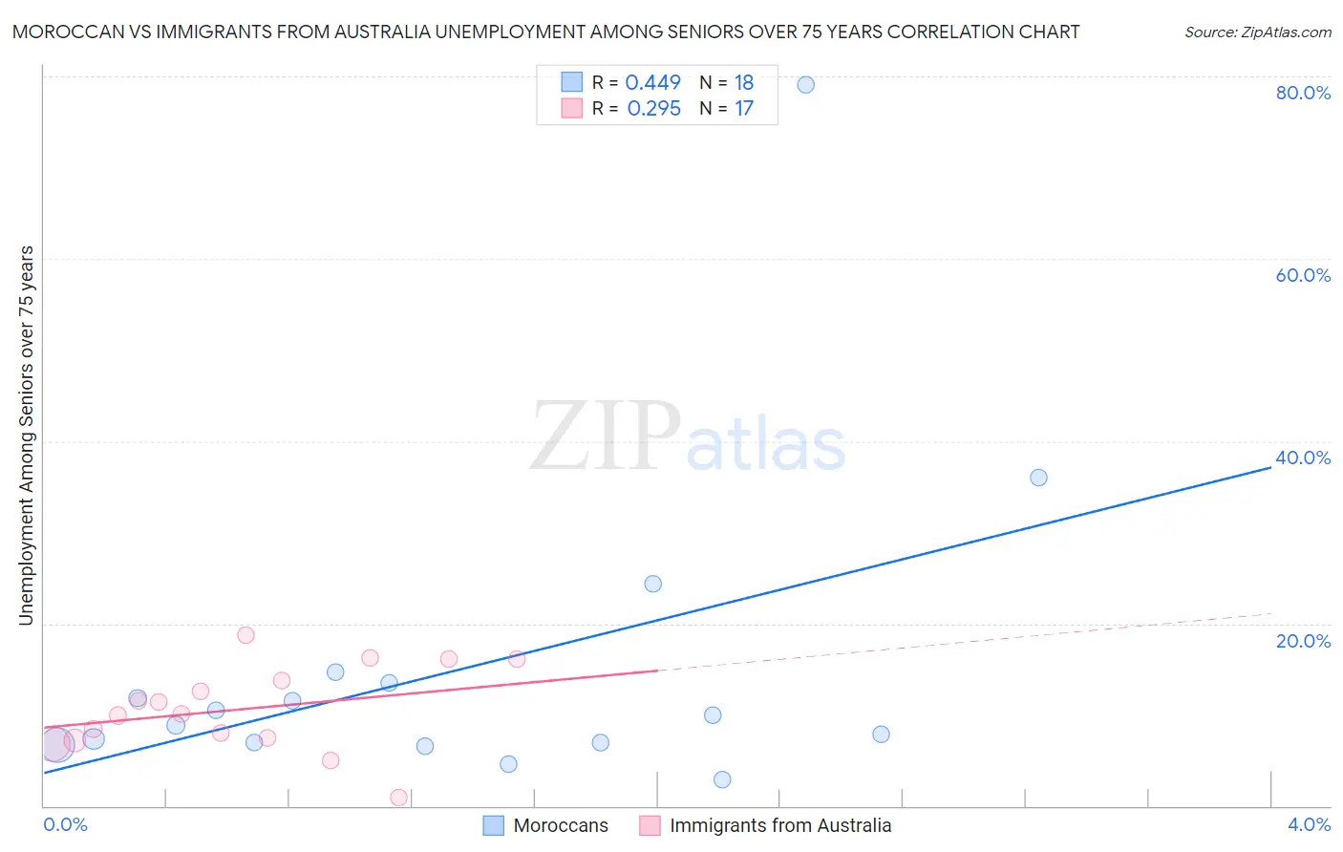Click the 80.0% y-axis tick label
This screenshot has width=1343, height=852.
point(1303,93)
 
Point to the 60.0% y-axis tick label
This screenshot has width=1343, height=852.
point(1303,275)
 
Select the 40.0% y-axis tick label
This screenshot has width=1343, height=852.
point(1303,458)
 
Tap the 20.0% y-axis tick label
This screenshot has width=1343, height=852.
point(1303,641)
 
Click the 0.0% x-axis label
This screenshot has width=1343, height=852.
point(65,825)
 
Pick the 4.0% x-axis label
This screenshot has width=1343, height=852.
point(1309,825)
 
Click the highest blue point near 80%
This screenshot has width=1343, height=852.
point(805,85)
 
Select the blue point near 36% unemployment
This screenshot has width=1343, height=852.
point(1038,478)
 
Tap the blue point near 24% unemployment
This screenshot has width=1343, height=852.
point(652,584)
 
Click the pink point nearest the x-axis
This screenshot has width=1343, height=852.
point(398,798)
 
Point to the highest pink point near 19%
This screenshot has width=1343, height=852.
point(245,635)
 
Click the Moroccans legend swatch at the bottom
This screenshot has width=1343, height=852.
point(493,826)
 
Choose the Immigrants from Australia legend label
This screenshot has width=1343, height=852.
point(780,826)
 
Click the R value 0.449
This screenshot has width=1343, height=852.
point(652,83)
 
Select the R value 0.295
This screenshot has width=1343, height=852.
point(653,109)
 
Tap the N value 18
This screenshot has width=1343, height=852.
point(744,83)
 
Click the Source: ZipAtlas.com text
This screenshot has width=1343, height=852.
point(1257,32)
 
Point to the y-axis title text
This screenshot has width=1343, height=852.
point(26,436)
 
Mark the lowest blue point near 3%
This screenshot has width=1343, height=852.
point(722,779)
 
